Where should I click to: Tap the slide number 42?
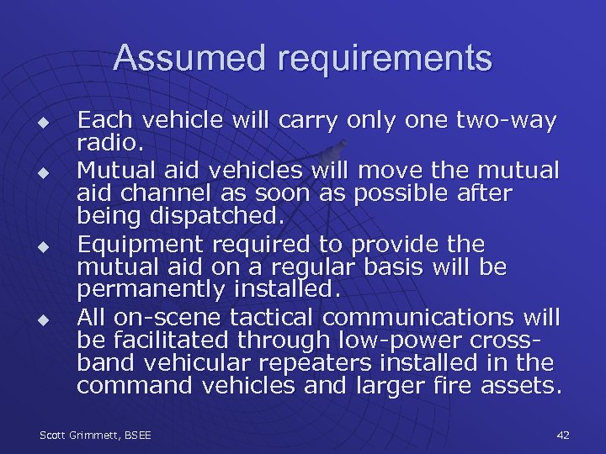[563, 434]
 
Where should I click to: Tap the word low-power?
[393, 341]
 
